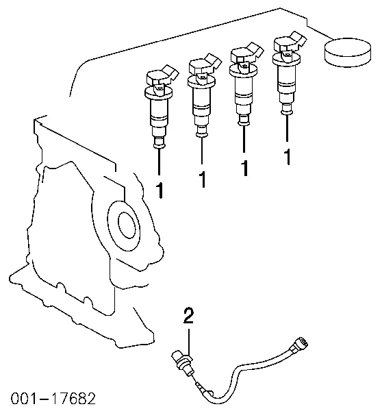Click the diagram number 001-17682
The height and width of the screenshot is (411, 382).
[53, 398]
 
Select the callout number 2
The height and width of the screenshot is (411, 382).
[188, 316]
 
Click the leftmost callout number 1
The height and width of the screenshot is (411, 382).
[160, 190]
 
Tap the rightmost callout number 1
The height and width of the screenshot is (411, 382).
[288, 157]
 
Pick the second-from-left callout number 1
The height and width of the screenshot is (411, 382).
[203, 179]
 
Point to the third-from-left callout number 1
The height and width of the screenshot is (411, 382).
[244, 169]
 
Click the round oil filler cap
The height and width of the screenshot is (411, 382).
[348, 52]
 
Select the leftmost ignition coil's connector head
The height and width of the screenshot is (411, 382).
[161, 76]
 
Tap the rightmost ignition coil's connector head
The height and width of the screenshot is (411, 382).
[289, 42]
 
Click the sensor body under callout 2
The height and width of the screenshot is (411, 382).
[183, 362]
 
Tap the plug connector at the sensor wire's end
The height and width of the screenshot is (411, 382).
[298, 345]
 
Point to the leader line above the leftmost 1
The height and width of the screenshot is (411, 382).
[159, 161]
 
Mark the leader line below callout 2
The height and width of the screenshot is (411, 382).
[189, 342]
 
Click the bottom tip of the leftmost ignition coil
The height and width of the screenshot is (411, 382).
[159, 147]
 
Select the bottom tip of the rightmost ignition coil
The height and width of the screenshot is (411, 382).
[287, 113]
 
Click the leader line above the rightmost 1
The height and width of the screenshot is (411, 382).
[287, 129]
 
